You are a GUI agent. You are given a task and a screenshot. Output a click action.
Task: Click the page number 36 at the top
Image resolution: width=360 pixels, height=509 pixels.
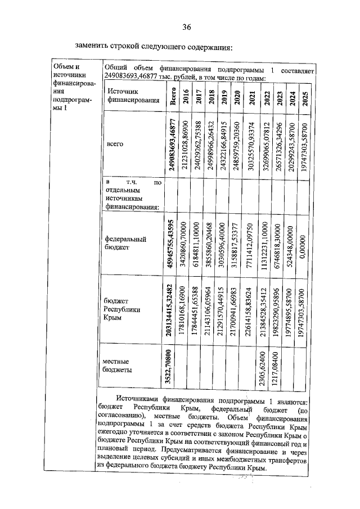click(187, 27)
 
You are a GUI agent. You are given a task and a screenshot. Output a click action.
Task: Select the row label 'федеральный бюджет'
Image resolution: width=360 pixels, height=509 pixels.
click(126, 242)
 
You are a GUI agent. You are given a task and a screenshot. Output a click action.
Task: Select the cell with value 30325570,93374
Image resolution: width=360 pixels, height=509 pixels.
click(250, 145)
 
